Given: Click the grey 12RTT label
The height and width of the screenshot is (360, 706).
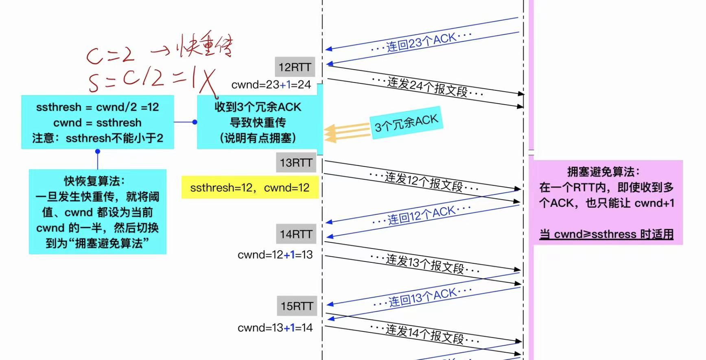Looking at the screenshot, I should pos(295,67).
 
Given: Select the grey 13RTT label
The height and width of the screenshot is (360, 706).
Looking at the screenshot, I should pos(296,163).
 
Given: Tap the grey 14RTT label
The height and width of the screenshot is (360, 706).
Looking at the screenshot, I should pos(296,234).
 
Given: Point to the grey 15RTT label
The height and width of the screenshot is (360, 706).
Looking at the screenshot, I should pos(297,306).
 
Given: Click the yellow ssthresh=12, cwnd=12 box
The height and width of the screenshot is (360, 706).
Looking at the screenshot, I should pos(250,188).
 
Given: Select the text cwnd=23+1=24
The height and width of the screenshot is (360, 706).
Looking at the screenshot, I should pos(271,85).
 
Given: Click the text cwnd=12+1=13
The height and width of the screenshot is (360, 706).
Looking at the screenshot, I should pos(275,255).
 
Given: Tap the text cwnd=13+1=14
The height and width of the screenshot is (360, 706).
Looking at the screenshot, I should pos(275,327).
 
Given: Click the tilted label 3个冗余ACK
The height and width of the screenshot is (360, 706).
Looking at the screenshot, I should pos(406,123).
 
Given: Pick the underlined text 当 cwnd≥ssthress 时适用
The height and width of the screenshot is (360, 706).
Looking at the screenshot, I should pos(606,234).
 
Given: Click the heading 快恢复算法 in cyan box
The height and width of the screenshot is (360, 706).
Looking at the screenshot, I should pos(94,181).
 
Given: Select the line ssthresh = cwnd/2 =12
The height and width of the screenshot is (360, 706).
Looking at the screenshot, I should pos(98,107).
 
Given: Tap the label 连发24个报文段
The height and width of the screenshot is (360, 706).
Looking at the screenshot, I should pos(427,86).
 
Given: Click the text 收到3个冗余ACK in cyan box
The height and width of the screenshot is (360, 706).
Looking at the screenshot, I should pos(258,107).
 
